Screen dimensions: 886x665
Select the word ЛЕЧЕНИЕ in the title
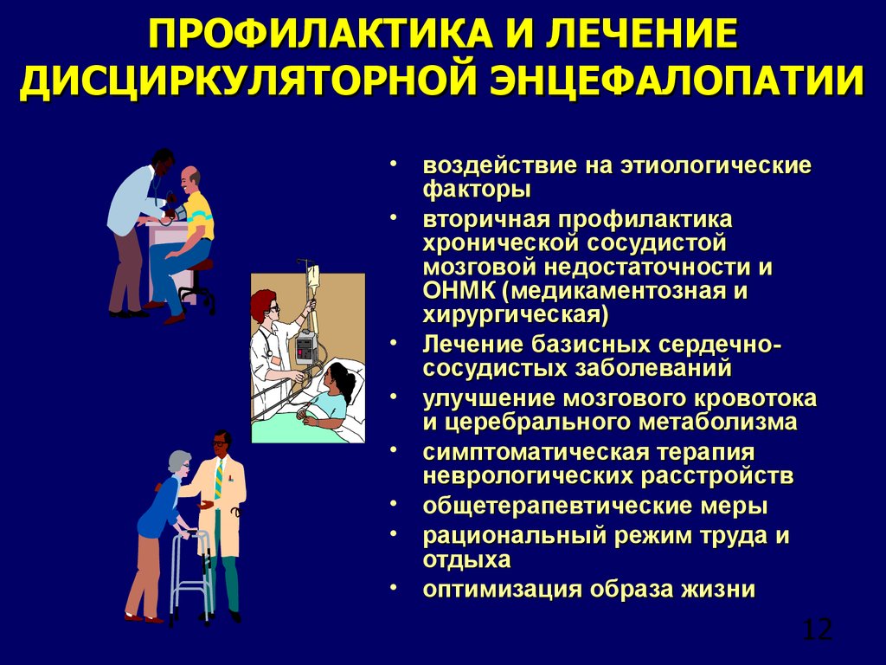coord(641,35)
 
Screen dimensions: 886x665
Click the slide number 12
coord(817,629)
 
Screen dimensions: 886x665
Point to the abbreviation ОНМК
coord(459,291)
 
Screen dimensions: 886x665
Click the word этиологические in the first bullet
coord(716,165)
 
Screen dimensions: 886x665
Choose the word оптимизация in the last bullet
coord(503,589)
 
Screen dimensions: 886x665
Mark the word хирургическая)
coord(516,315)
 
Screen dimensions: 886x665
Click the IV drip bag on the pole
coord(313,277)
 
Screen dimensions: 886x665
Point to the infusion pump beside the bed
coord(305,347)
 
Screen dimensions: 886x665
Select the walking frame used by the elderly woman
coord(191,575)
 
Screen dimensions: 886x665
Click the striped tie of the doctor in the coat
coord(219,479)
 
